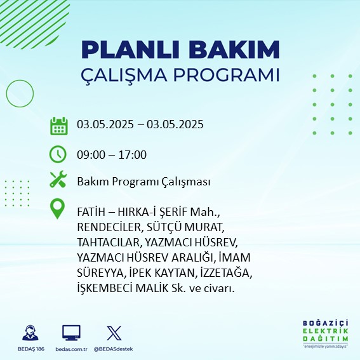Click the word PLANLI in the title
pos(130,50)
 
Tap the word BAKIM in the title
pos(234,50)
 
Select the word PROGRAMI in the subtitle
pos(226,75)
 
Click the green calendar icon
pos(59,126)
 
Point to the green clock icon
pos(58,154)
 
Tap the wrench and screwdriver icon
pos(58,179)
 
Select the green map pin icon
pos(57,208)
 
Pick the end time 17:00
pos(133,155)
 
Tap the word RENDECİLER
pos(109,227)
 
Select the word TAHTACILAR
pos(109,243)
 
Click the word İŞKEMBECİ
pos(105,288)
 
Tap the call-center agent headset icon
pos(30,333)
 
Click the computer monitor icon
pos(71,333)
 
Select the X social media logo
pos(114,333)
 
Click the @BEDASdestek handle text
pos(113,349)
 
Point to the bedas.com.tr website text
pos(71,349)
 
